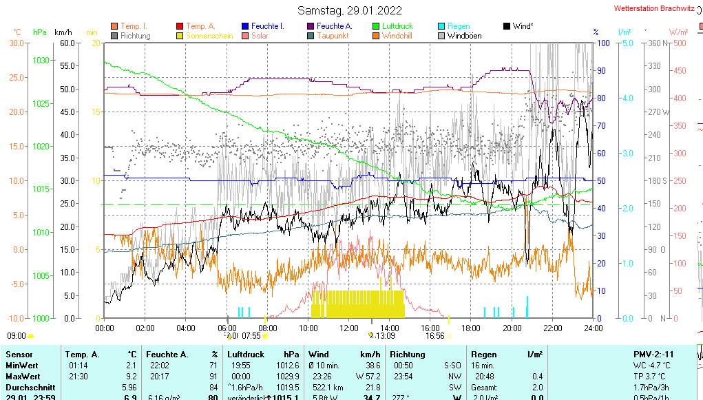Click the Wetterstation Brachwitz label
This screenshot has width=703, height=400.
click(655, 10)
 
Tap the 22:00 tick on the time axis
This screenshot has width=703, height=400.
click(552, 328)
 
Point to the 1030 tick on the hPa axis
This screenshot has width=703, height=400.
click(41, 61)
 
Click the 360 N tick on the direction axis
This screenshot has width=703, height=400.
click(655, 43)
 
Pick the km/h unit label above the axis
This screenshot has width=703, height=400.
click(63, 32)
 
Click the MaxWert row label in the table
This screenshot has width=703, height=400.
click(23, 376)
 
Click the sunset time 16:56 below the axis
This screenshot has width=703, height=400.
click(434, 336)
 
